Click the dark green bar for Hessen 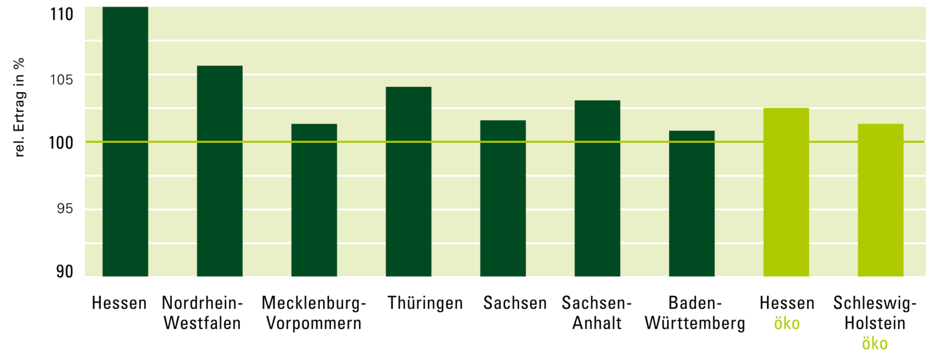tap(125, 142)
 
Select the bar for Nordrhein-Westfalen tap(220, 171)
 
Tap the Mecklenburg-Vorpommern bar tap(314, 200)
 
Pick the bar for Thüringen tap(408, 181)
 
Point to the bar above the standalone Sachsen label tap(503, 198)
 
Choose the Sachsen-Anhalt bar tap(597, 188)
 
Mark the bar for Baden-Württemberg tap(691, 203)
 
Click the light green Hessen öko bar tap(786, 192)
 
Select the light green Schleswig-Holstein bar tap(880, 200)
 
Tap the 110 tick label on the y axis tap(62, 15)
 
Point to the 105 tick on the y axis tap(62, 80)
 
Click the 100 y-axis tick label tap(61, 143)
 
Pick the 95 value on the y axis tap(65, 209)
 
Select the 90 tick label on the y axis tap(65, 271)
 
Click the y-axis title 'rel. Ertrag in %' tap(19, 107)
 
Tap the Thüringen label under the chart tap(425, 303)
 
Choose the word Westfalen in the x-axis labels tap(202, 323)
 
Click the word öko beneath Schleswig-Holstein tap(874, 344)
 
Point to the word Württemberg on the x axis tap(695, 323)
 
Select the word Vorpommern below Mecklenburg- tap(314, 323)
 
